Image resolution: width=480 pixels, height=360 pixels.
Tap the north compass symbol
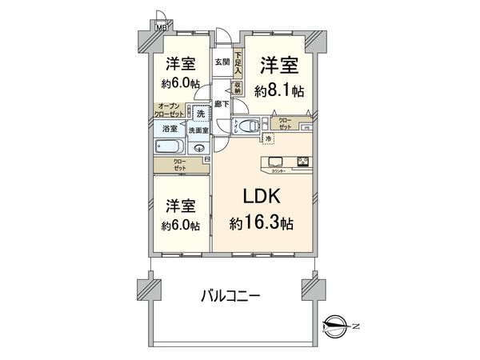point(336,324)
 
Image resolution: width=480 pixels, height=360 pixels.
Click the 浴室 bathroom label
point(170,129)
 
